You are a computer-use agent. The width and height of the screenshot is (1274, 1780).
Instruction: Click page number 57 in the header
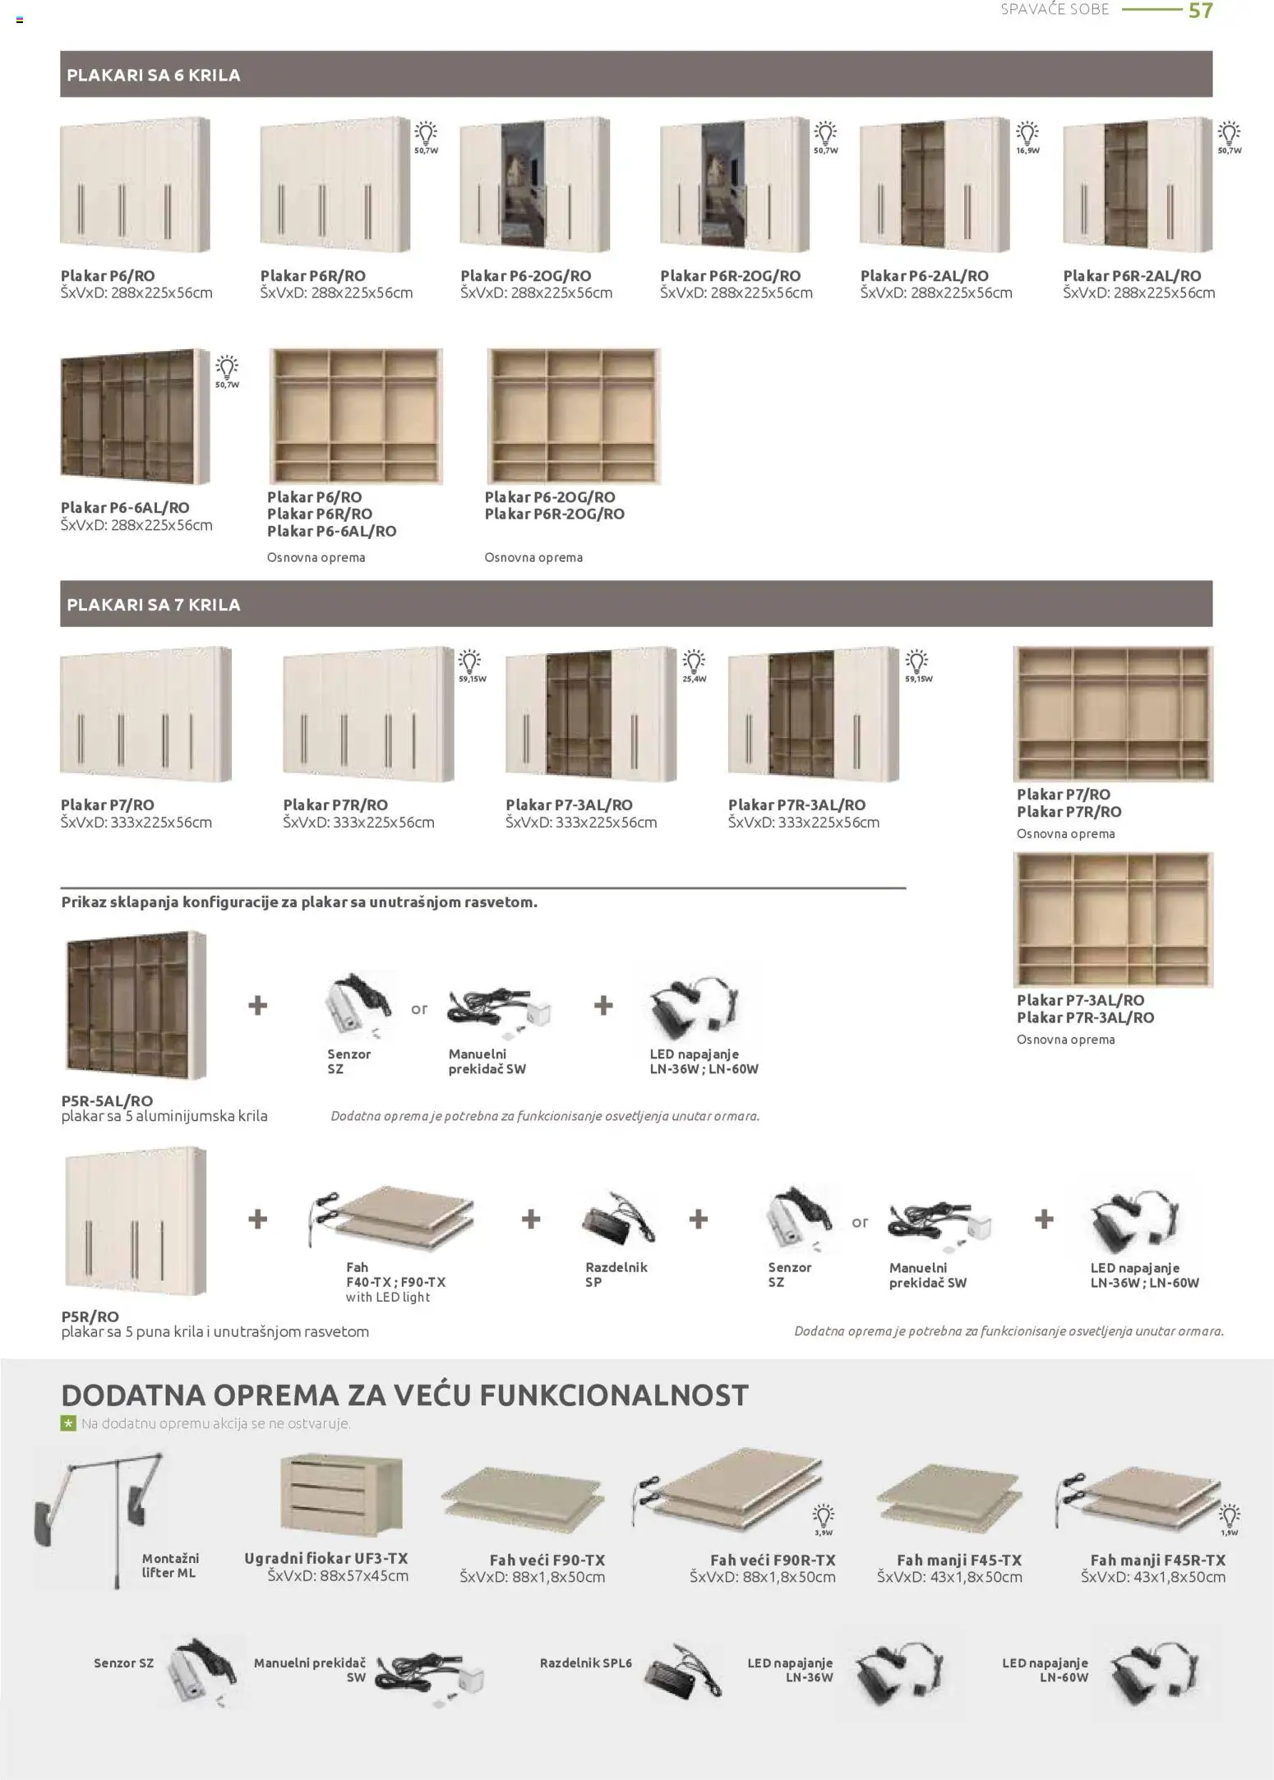point(1200,11)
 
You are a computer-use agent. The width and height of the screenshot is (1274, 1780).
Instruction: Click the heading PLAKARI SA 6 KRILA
point(153,75)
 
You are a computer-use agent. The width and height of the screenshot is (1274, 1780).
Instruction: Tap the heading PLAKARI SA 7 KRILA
point(153,605)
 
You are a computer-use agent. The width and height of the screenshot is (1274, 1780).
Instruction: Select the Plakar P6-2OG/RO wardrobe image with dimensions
point(535,185)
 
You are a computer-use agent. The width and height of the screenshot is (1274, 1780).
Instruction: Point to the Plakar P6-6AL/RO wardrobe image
point(135,416)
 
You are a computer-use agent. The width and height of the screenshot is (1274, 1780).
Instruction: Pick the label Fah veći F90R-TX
point(773,1560)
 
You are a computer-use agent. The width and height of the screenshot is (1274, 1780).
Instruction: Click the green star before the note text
point(68,1423)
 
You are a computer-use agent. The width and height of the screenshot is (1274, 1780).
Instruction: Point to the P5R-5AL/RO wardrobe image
point(135,1005)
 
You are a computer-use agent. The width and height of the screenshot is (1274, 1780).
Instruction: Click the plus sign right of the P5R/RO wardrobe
point(257,1219)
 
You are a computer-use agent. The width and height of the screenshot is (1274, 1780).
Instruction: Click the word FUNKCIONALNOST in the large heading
point(613,1395)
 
